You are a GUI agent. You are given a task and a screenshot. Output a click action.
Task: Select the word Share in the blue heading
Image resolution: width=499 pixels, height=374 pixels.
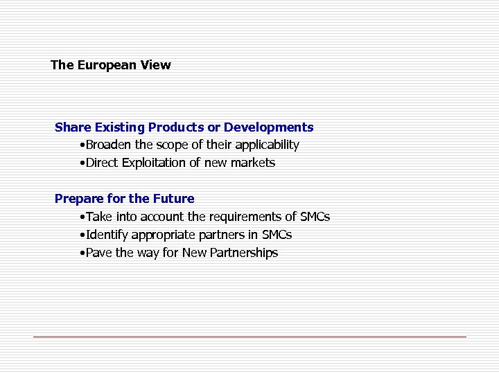[71, 127]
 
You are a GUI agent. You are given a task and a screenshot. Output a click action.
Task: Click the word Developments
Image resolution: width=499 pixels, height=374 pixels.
[269, 127]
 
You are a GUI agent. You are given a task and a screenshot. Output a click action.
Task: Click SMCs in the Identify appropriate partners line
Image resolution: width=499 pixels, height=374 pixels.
[277, 235]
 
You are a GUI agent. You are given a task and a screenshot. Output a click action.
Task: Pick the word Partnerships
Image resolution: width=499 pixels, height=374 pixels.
[243, 253]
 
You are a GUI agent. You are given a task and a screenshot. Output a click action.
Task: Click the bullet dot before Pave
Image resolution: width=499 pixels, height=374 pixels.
[82, 253]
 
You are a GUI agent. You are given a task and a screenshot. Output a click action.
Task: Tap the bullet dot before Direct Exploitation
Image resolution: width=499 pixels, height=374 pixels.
[82, 163]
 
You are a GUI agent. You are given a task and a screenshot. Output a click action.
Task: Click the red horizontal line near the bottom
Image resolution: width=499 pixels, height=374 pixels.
[249, 337]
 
